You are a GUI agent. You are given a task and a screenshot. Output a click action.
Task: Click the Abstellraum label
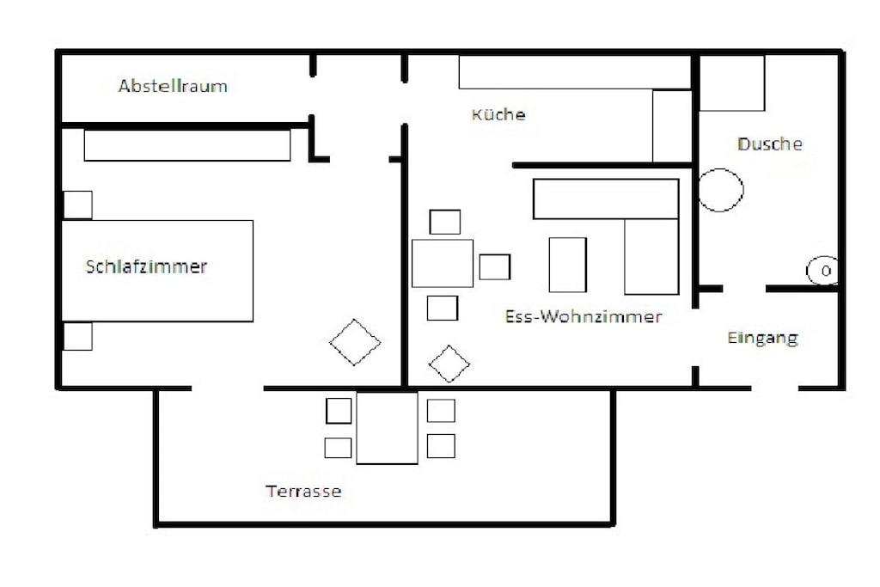tap(173, 86)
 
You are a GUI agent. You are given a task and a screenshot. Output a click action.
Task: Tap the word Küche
tap(498, 114)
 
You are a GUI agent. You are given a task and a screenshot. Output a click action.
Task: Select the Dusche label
tap(769, 144)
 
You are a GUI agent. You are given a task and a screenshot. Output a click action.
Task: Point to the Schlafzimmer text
tap(146, 266)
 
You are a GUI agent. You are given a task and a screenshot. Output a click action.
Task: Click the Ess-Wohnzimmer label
tap(584, 316)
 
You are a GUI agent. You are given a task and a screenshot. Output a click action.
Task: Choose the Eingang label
tap(762, 339)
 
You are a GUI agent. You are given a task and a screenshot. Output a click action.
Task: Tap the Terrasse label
tap(303, 491)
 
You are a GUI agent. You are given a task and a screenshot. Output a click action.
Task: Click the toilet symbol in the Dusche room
tap(822, 271)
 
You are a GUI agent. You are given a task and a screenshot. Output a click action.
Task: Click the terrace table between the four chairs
tap(388, 428)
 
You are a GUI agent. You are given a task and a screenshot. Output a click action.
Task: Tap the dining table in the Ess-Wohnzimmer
tap(443, 263)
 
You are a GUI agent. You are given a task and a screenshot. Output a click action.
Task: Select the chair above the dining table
tap(445, 222)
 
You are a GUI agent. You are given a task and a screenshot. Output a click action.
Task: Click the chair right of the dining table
tap(495, 266)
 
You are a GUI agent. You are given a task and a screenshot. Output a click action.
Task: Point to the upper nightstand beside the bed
tap(77, 205)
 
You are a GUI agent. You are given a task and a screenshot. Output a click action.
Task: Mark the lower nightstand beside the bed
tap(77, 336)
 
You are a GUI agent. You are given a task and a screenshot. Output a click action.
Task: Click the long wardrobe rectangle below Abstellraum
tap(187, 145)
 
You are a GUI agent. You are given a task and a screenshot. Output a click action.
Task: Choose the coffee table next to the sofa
tap(568, 265)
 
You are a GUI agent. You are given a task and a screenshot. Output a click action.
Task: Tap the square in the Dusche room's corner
tap(732, 83)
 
